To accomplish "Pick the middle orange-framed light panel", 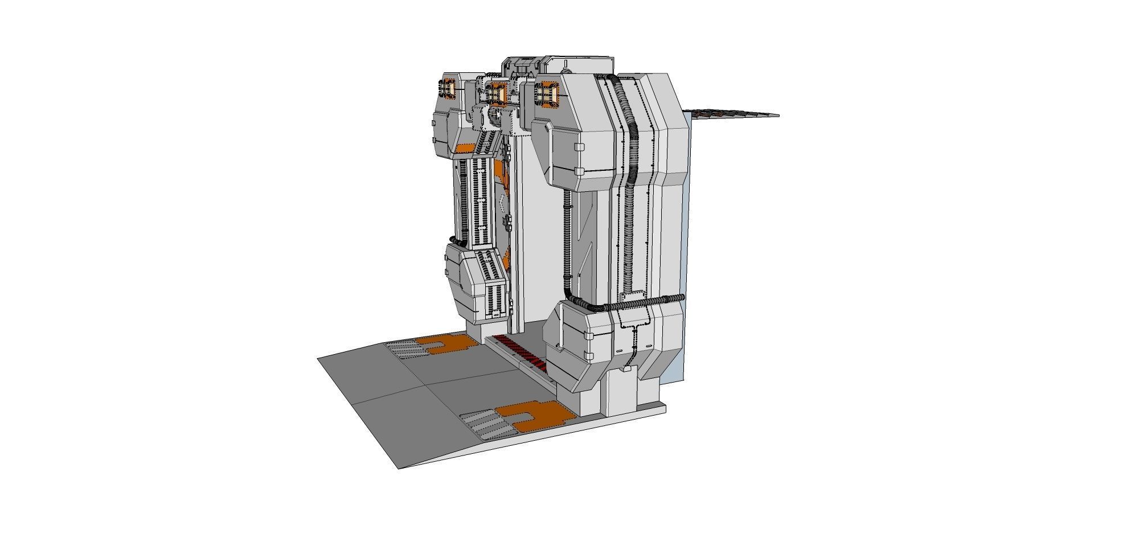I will tap(497, 92).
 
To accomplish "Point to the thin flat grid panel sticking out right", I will tap(732, 114).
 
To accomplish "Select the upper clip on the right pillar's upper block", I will tap(579, 147).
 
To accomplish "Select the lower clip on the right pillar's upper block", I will tap(579, 171).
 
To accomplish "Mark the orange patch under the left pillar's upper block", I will tap(464, 149).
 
